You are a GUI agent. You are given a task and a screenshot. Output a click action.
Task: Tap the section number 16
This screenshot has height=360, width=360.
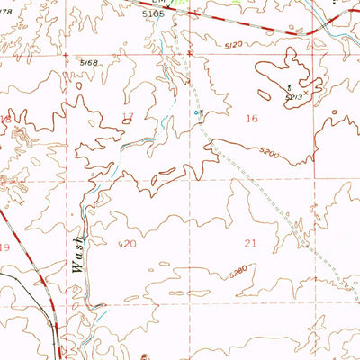pyautogui.click(x=252, y=118)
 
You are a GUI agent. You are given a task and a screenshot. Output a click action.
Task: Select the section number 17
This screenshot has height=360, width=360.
pyautogui.click(x=127, y=115)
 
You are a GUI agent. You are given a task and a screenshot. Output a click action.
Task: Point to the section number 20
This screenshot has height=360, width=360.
pyautogui.click(x=129, y=244)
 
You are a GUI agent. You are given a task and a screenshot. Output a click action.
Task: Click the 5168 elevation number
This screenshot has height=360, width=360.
pyautogui.click(x=87, y=62)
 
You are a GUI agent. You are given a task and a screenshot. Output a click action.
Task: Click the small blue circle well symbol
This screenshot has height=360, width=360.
pyautogui.click(x=197, y=112)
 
